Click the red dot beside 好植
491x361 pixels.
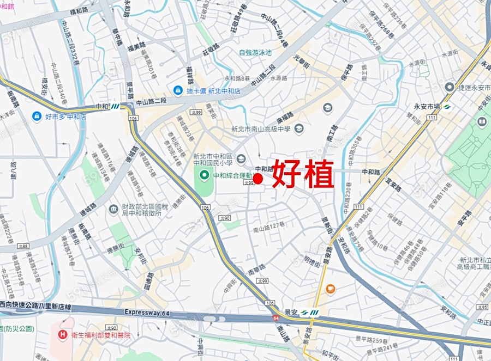(x=259, y=178)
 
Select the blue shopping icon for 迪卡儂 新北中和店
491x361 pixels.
(x=178, y=90)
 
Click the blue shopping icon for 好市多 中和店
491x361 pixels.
(x=37, y=116)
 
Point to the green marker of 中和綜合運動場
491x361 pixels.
(x=205, y=175)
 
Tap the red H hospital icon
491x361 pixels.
(x=63, y=335)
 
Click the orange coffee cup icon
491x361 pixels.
(x=330, y=289)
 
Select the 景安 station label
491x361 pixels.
(x=292, y=313)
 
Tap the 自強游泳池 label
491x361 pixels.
(x=255, y=53)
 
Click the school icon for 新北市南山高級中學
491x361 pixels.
(x=298, y=129)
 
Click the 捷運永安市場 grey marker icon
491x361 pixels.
(x=450, y=87)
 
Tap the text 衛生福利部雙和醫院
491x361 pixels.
(x=101, y=335)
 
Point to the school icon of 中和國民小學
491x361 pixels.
(x=241, y=158)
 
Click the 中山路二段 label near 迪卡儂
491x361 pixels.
(x=151, y=101)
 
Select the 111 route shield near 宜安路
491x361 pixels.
(x=358, y=206)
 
